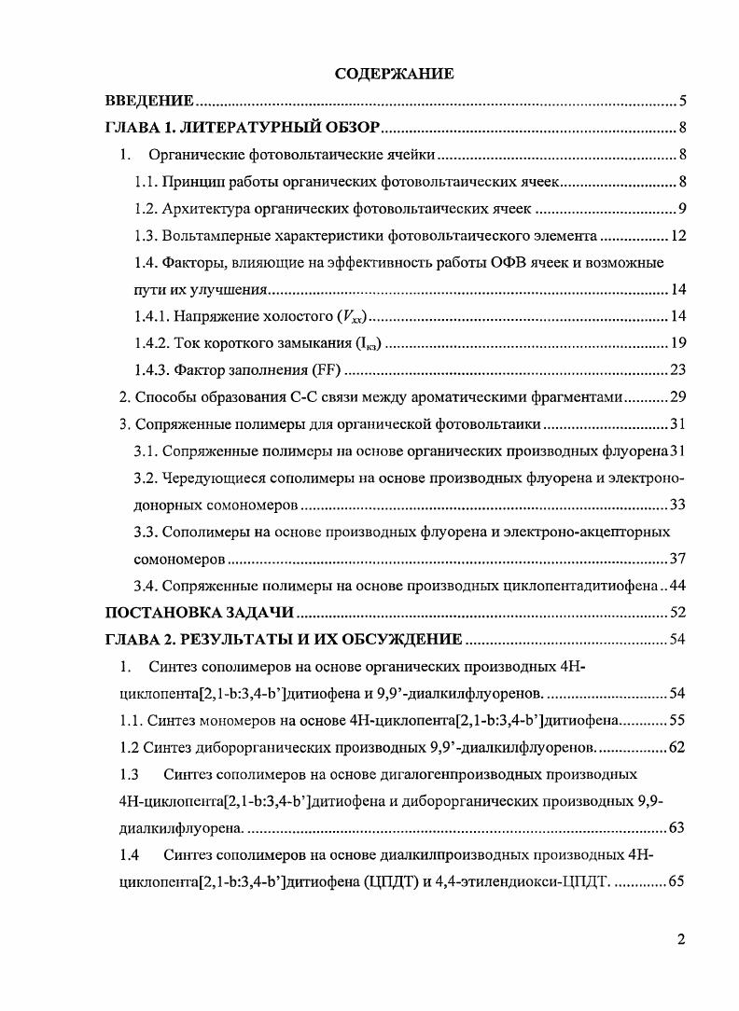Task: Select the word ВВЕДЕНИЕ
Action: point(149,101)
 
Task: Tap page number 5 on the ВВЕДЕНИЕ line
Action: point(683,101)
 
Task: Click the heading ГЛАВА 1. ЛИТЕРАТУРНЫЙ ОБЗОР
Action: point(242,128)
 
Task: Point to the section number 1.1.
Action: point(146,181)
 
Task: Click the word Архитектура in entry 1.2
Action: point(200,208)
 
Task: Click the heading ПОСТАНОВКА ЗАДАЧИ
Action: point(200,613)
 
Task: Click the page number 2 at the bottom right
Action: point(682,939)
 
